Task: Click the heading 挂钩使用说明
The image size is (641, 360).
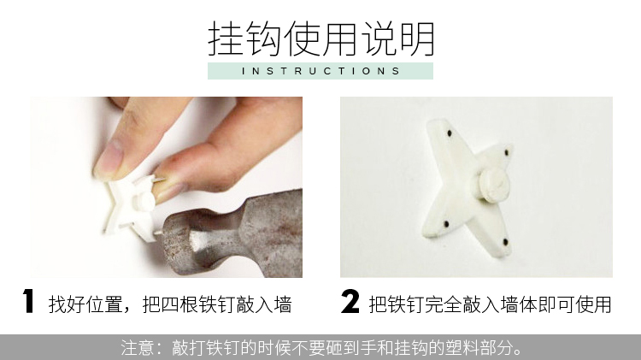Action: [320, 38]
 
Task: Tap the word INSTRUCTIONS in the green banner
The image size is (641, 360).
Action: [320, 71]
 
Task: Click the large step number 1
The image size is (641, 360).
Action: [28, 302]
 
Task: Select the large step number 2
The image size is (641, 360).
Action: [350, 302]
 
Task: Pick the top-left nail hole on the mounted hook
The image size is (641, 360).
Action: [450, 133]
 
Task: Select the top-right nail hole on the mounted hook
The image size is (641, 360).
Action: [507, 152]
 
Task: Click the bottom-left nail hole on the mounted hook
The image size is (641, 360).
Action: [446, 224]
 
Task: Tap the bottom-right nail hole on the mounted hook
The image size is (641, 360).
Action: [505, 242]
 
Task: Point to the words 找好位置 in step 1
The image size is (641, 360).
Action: [85, 304]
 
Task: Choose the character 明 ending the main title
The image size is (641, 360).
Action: [417, 38]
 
